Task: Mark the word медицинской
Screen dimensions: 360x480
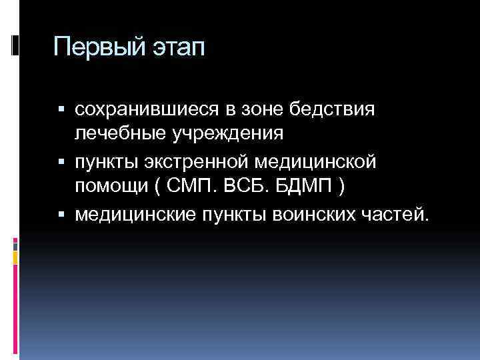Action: point(320,162)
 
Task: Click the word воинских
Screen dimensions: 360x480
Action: point(309,215)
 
